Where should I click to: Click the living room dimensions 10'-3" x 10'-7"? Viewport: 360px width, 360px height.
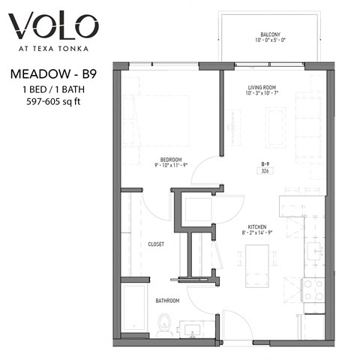(263, 95)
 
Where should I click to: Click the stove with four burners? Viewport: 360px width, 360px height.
(312, 290)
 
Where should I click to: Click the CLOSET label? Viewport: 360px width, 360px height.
(156, 244)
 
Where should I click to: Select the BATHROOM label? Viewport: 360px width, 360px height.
(166, 301)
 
